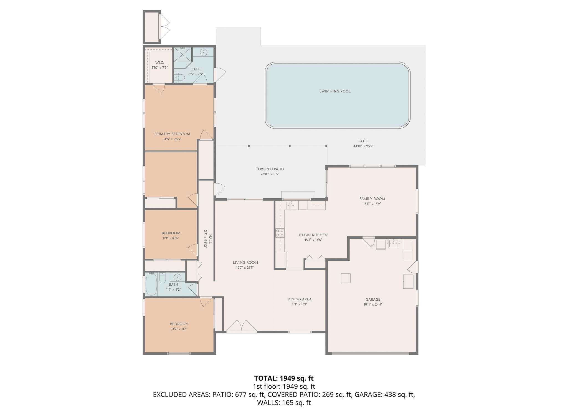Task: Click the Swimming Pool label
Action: [x=335, y=91]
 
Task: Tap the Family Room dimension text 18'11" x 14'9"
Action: [x=372, y=204]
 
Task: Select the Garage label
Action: [x=373, y=299]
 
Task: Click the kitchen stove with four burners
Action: [x=280, y=233]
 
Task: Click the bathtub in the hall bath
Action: [x=151, y=284]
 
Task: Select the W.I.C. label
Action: [x=159, y=63]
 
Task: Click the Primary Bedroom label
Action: [x=172, y=134]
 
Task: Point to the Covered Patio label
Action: [x=270, y=169]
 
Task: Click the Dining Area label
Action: [x=299, y=299]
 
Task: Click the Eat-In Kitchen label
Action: [x=313, y=235]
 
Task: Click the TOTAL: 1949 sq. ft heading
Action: [x=284, y=378]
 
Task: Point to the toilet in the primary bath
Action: [x=179, y=77]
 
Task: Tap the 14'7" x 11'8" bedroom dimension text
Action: [x=179, y=329]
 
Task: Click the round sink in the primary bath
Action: [x=204, y=52]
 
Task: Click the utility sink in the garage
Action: [x=393, y=243]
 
